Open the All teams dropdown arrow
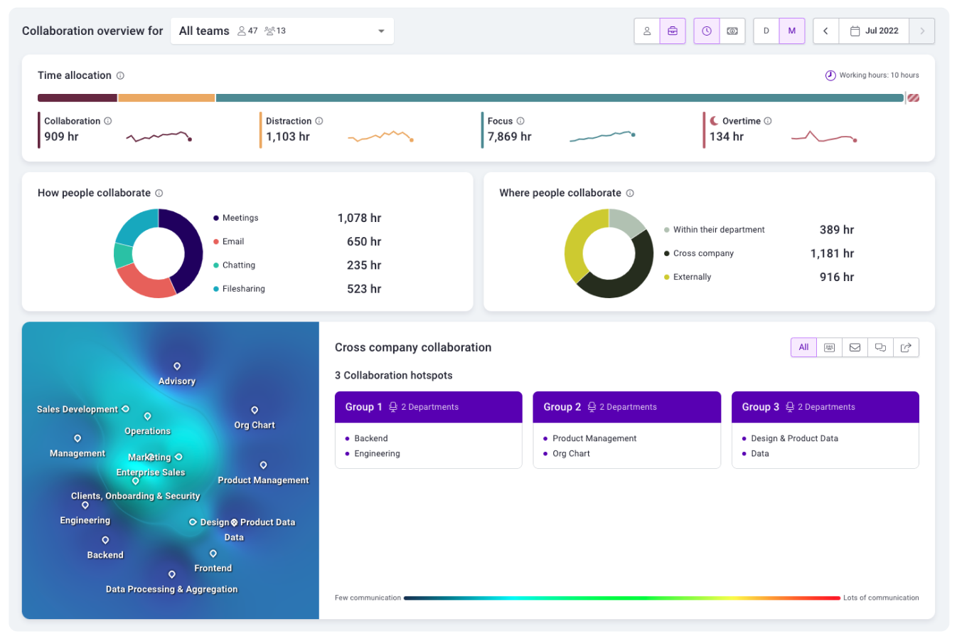click(381, 31)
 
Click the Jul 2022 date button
click(874, 31)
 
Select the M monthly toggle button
click(791, 31)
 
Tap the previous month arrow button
click(825, 31)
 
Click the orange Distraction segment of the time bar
click(166, 97)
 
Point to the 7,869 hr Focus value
click(509, 137)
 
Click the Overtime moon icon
click(714, 121)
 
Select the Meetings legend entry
click(240, 218)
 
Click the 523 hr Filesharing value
click(363, 289)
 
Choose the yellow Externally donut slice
click(577, 245)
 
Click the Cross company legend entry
click(702, 253)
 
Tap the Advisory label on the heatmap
click(177, 381)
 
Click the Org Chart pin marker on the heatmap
click(255, 410)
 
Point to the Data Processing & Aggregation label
click(171, 589)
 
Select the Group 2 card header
click(626, 407)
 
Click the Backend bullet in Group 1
click(370, 438)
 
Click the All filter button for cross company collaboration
click(803, 347)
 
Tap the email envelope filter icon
click(855, 347)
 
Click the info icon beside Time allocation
click(120, 75)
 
